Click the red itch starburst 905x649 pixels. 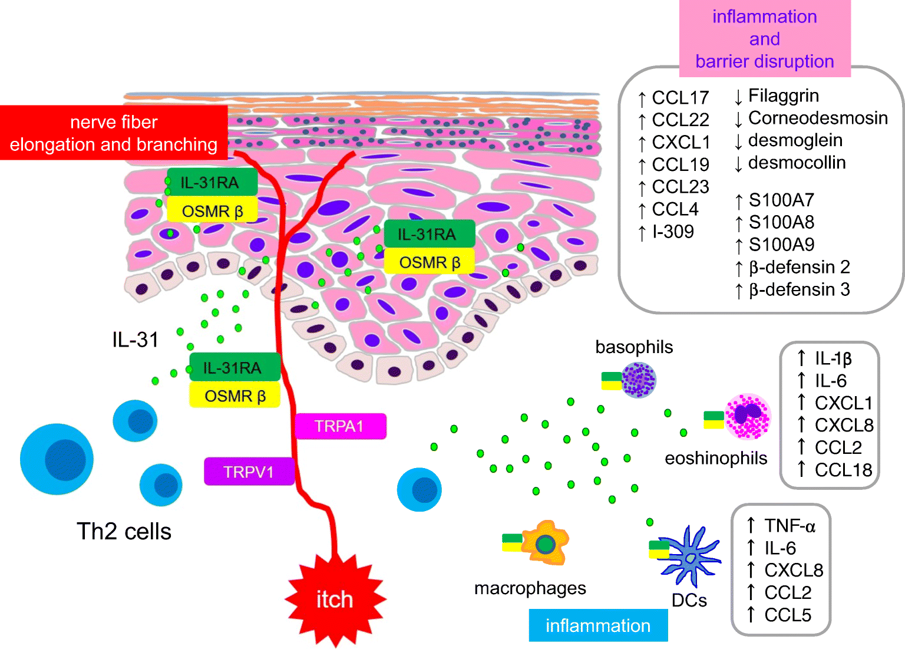tap(335, 599)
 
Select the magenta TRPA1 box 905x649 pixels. tap(340, 426)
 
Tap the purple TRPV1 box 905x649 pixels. tap(249, 472)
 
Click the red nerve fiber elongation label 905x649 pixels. tap(114, 133)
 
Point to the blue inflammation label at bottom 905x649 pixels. tap(598, 625)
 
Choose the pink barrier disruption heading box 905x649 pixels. tap(764, 39)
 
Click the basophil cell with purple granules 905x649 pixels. tap(639, 380)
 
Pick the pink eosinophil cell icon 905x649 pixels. tap(748, 417)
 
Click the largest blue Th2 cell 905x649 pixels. tap(57, 459)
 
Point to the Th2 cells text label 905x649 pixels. tap(124, 531)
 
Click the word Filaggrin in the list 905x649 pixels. tap(783, 95)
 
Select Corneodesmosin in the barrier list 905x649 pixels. tap(817, 118)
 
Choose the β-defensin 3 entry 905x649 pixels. tap(799, 289)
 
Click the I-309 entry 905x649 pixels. tap(673, 232)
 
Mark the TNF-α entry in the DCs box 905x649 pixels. tap(789, 525)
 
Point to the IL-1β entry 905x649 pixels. tap(833, 358)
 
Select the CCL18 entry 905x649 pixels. tap(843, 470)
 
